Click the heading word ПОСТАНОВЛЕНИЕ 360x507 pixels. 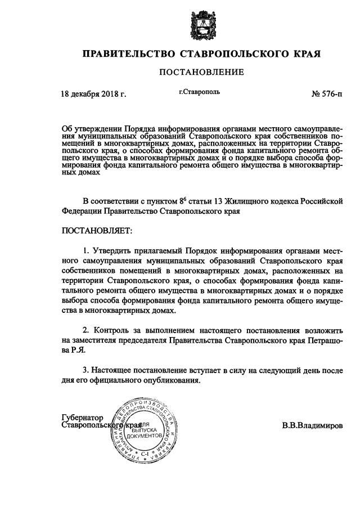(201, 72)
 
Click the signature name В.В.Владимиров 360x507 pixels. (312, 426)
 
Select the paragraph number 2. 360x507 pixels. (85, 330)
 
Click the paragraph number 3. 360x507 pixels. (85, 370)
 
